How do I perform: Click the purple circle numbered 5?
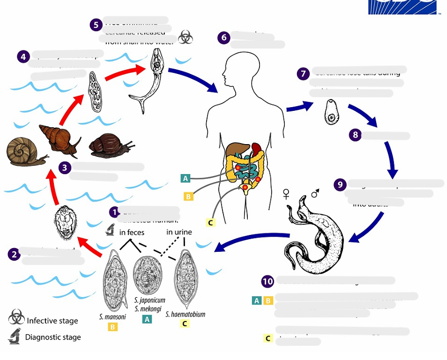point(96,25)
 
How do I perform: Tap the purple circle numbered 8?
point(356,135)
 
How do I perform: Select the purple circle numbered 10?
point(268,281)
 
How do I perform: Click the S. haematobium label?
point(185,314)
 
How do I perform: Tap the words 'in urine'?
point(180,232)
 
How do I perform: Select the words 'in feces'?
point(132,232)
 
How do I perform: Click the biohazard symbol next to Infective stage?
point(16,317)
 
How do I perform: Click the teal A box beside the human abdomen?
point(185,178)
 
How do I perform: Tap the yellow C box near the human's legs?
point(210,222)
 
